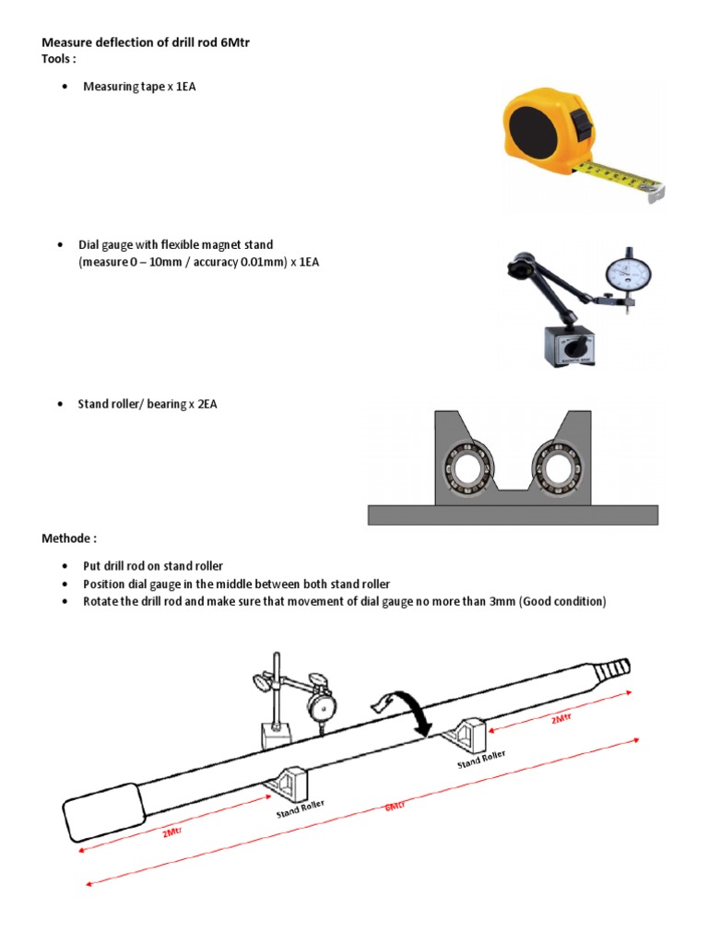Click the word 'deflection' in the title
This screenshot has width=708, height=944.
[131, 42]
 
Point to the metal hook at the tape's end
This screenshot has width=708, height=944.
[655, 191]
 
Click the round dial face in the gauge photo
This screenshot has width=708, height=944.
[628, 272]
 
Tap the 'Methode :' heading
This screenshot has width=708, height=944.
[69, 538]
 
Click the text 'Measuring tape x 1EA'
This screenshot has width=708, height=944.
[139, 87]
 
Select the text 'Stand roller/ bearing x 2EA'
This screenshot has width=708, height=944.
[147, 405]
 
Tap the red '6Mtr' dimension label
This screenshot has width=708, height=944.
[395, 805]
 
